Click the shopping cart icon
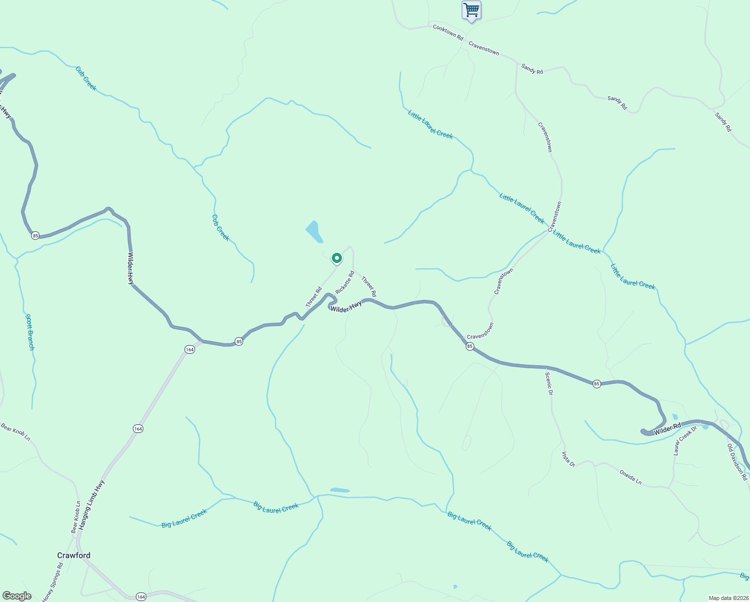click(471, 10)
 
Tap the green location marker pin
click(337, 258)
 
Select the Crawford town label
click(74, 555)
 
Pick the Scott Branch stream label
click(30, 332)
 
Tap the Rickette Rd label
click(345, 282)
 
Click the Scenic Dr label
click(549, 384)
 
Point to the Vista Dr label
click(568, 459)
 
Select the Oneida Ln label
click(630, 477)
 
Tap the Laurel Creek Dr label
click(685, 441)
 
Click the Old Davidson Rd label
click(737, 462)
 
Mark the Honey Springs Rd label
click(53, 582)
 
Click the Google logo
click(17, 596)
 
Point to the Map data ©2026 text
click(727, 598)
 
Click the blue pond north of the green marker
click(314, 232)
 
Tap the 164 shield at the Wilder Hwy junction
click(189, 350)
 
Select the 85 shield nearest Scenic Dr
click(596, 384)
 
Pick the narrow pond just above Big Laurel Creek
click(340, 490)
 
